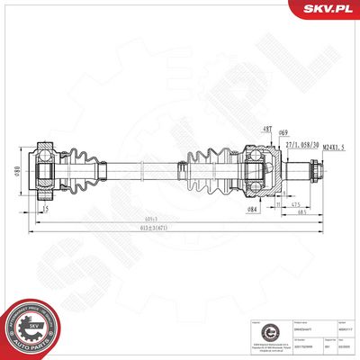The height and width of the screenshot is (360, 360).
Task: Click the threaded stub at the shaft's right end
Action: coord(314,169)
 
